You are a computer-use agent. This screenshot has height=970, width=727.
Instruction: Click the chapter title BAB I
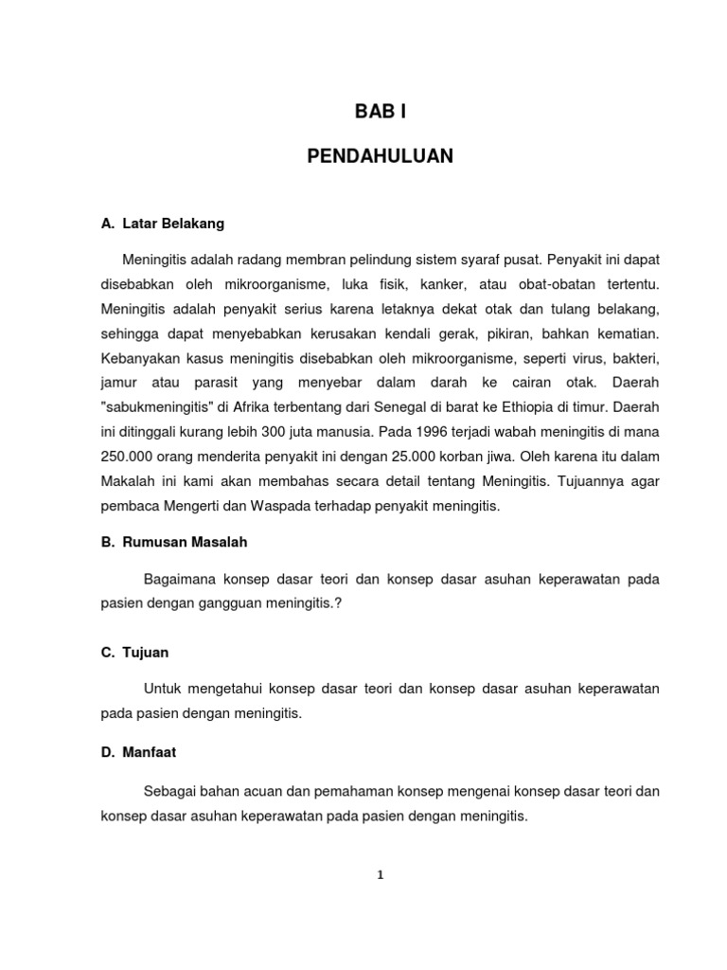click(380, 113)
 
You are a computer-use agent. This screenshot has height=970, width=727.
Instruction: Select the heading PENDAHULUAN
click(381, 156)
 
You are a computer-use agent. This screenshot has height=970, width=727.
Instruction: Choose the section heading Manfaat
click(149, 752)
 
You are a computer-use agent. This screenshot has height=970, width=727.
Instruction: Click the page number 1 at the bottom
click(381, 875)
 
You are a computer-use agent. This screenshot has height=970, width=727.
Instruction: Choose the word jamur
click(119, 382)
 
